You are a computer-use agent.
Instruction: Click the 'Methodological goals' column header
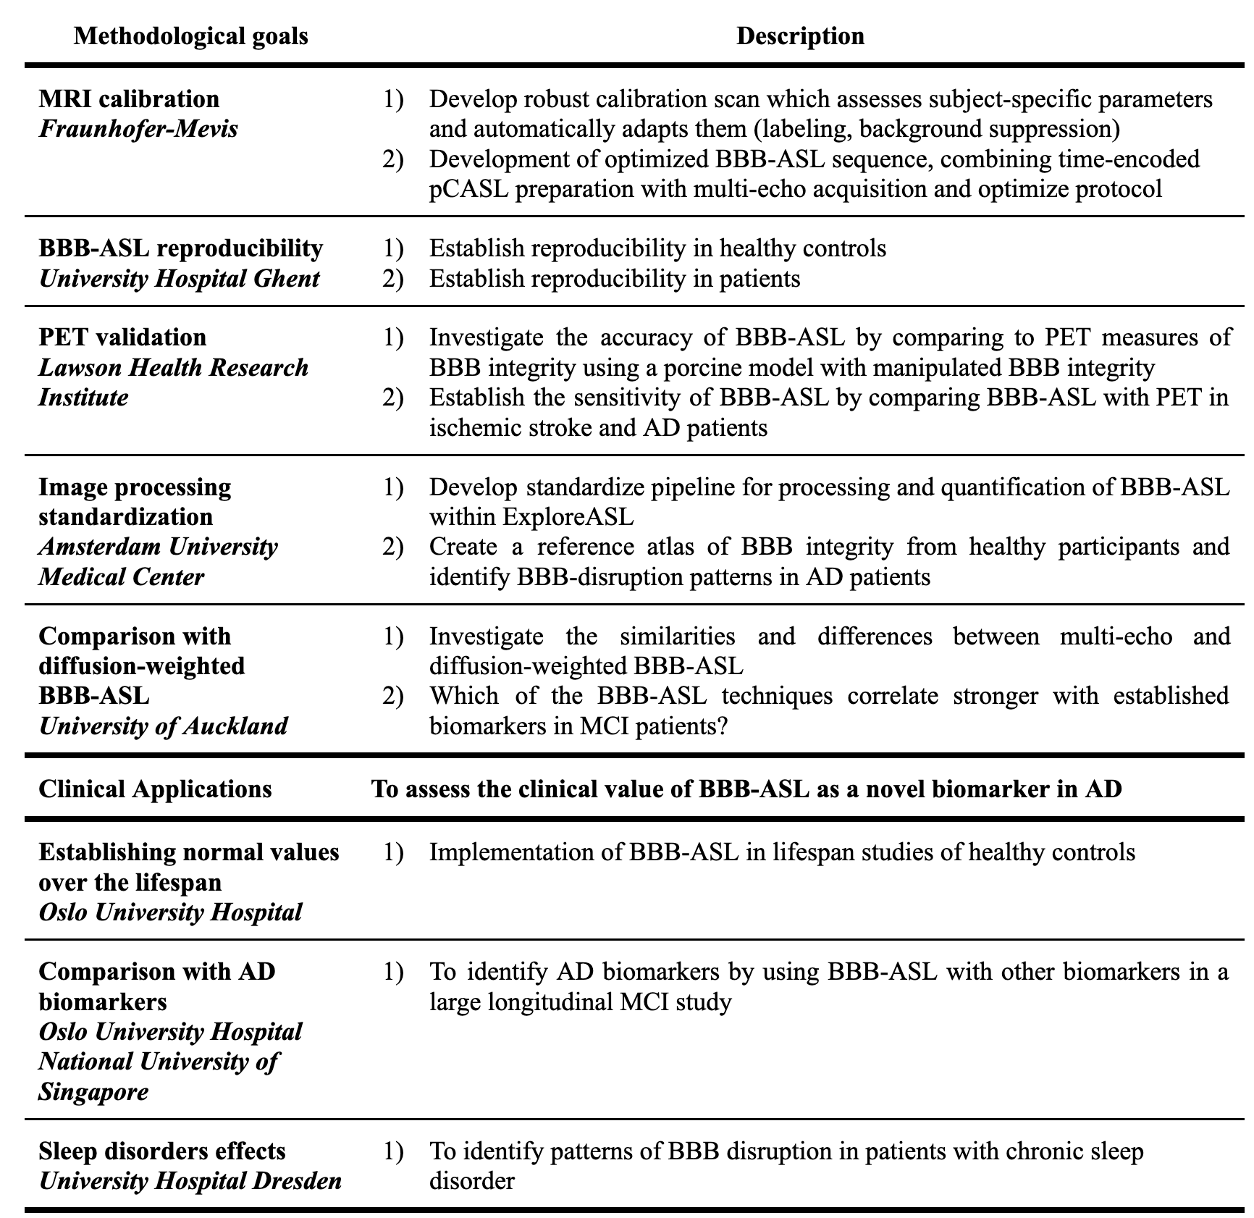click(x=190, y=35)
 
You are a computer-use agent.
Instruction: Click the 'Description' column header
click(x=800, y=35)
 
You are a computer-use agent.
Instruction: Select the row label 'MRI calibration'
click(x=129, y=99)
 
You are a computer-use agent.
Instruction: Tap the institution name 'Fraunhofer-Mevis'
click(x=138, y=129)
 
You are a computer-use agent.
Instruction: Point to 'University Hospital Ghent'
click(x=179, y=278)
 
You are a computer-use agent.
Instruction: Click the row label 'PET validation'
click(x=122, y=337)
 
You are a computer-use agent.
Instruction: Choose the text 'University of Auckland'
click(x=163, y=726)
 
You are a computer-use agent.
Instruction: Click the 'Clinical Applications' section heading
click(x=155, y=789)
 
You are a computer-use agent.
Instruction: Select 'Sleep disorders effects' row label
click(x=162, y=1151)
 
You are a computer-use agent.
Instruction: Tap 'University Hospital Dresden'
click(x=190, y=1181)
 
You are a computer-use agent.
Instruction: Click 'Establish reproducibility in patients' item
click(x=615, y=278)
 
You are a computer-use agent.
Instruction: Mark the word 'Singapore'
click(x=93, y=1091)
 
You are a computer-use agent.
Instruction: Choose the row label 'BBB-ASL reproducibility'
click(x=180, y=248)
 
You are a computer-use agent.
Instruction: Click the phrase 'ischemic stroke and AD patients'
click(x=598, y=427)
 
